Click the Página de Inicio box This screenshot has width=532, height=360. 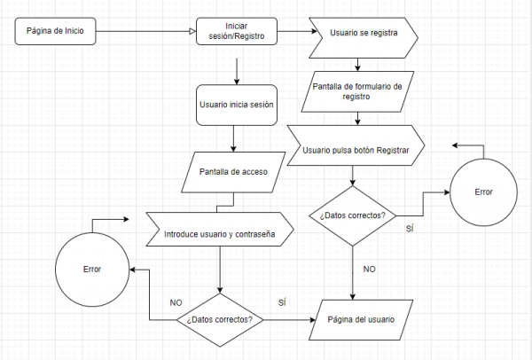55,32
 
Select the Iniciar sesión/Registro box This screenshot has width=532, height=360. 236,32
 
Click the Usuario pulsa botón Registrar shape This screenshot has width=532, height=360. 356,151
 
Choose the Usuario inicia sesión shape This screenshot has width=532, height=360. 235,104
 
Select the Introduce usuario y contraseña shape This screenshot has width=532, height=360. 218,234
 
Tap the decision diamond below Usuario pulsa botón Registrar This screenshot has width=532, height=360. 352,215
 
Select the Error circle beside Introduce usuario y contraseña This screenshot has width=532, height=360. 91,269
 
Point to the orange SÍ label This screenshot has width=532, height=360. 410,229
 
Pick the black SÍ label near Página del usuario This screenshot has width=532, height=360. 281,302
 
